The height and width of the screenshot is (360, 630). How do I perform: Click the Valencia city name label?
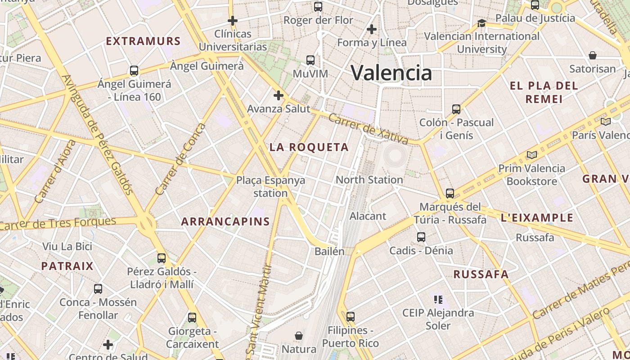point(391,72)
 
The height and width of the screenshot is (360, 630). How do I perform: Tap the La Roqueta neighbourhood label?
point(309,147)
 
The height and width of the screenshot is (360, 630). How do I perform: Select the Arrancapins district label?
point(225,221)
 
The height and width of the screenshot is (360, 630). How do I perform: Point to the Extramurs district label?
point(143,41)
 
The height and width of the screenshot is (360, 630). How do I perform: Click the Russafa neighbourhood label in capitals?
point(481,274)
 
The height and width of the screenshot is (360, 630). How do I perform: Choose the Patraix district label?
point(67,266)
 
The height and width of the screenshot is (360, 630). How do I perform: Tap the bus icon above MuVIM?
point(310,60)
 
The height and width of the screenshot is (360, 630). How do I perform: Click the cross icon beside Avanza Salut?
point(279,95)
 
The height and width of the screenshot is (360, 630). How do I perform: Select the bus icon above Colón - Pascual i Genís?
point(456,109)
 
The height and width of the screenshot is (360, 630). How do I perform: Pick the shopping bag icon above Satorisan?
point(593,55)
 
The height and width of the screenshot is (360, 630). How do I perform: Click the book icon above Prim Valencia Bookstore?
point(532,155)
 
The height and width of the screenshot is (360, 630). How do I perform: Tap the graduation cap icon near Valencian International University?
point(481,22)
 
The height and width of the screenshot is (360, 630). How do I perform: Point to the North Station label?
point(369,180)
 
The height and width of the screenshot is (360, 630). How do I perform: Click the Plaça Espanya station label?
point(270,187)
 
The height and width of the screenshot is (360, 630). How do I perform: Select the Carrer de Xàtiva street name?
point(368,129)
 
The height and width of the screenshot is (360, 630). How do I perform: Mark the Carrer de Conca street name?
point(180,159)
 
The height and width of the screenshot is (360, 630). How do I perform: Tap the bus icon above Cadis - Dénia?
point(421,237)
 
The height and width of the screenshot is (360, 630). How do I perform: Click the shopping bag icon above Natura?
point(299,336)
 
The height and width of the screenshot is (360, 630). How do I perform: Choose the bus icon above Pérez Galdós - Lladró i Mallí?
point(162,258)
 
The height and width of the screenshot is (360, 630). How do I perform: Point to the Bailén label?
point(329,251)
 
